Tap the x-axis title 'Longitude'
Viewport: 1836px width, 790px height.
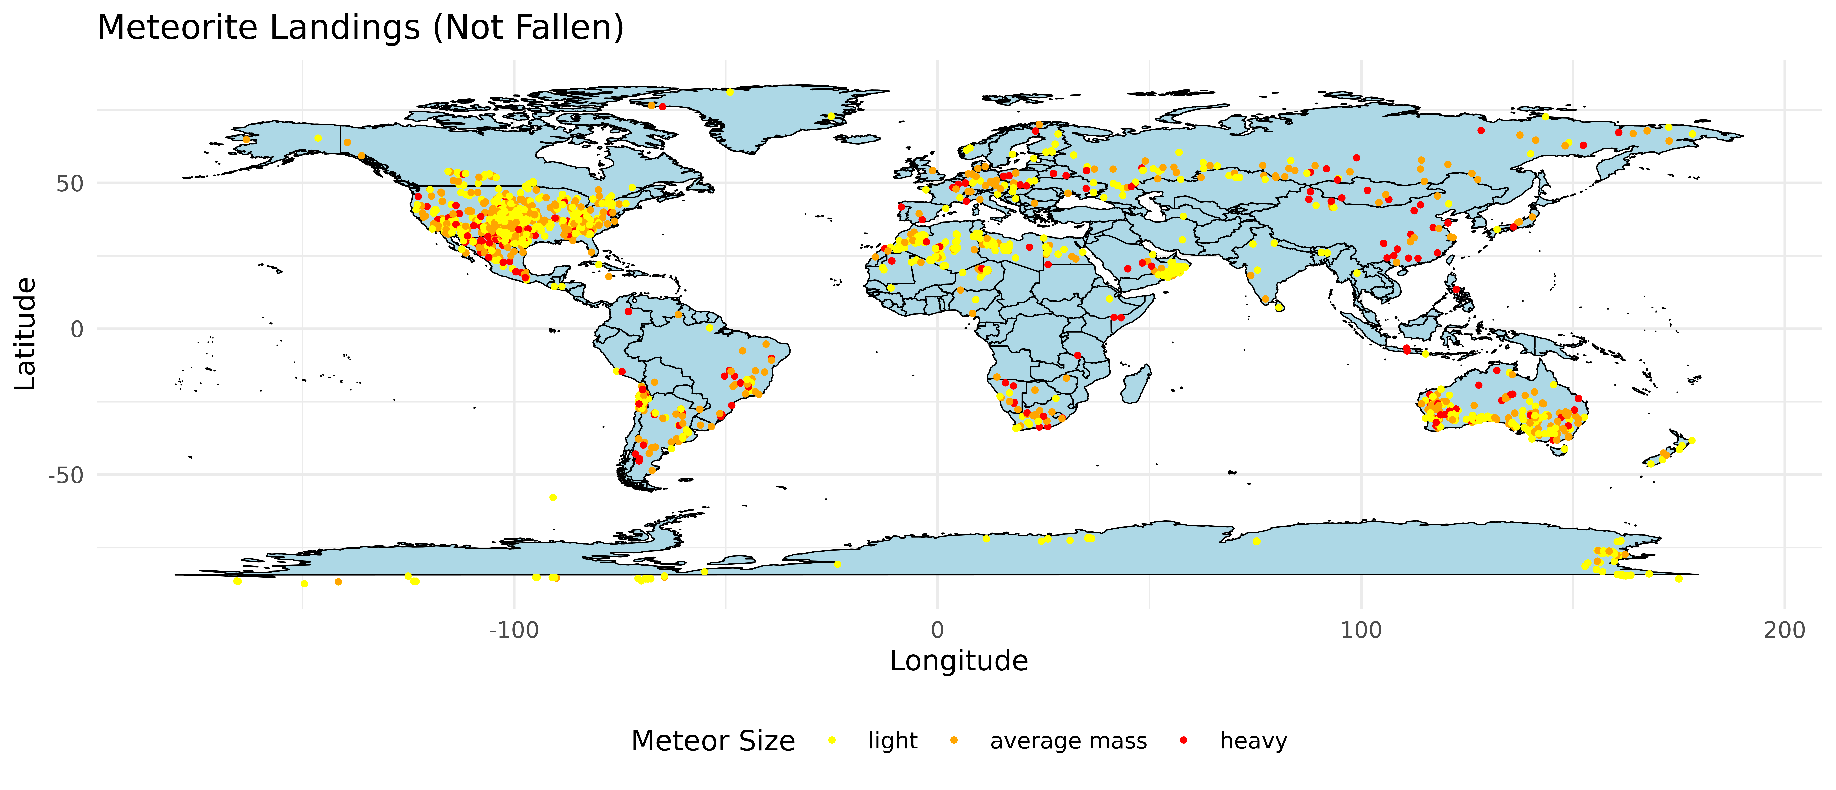click(959, 661)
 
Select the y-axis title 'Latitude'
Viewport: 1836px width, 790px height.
click(26, 334)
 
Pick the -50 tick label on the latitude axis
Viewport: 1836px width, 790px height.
click(65, 476)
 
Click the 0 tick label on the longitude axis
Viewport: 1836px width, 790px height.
click(937, 630)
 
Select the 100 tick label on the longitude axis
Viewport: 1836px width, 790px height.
click(1361, 630)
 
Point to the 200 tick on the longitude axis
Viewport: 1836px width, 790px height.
click(1784, 630)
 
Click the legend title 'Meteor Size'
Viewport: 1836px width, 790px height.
click(713, 741)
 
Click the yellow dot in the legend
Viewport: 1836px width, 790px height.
click(832, 741)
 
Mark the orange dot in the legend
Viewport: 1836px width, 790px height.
click(954, 741)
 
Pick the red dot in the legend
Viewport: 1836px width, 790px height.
click(1184, 741)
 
